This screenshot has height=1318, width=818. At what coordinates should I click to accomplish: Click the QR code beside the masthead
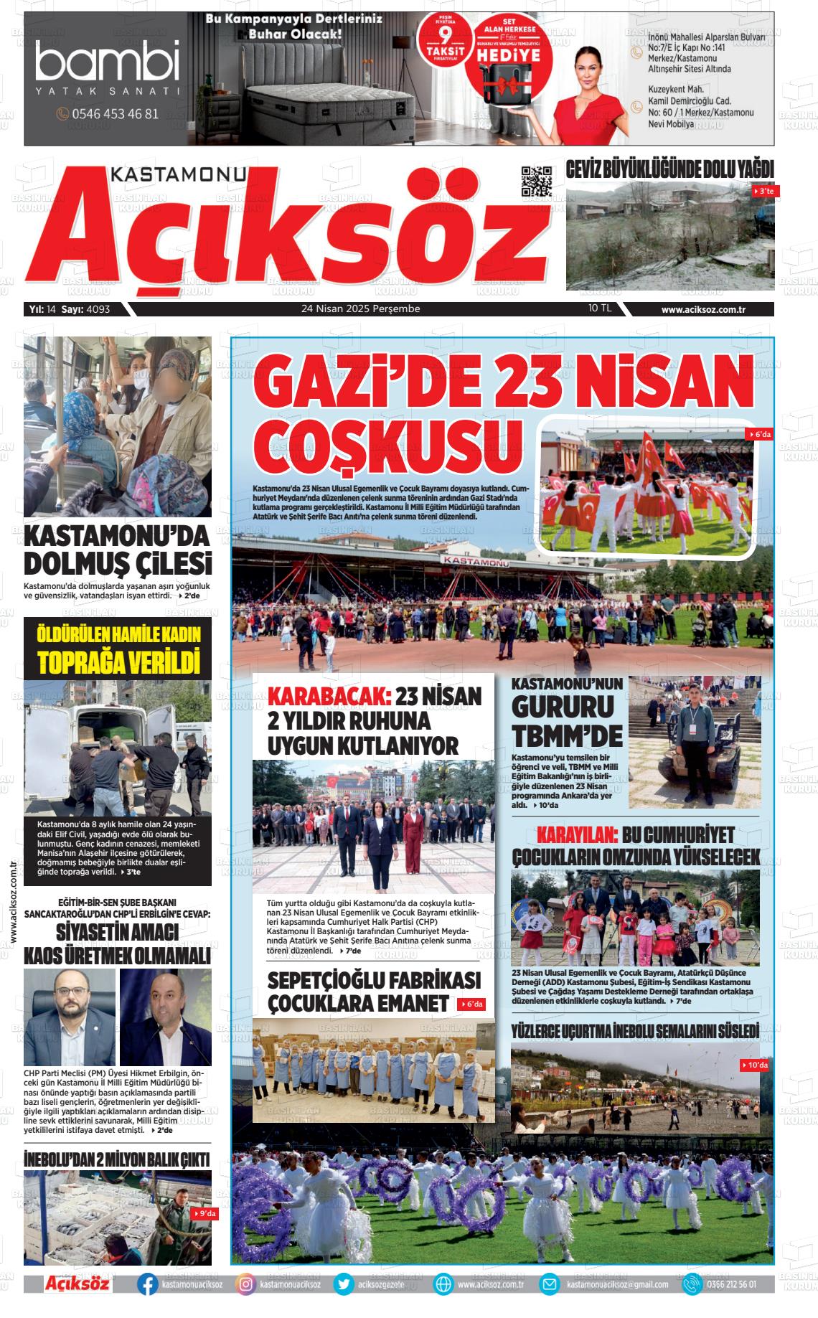(x=537, y=182)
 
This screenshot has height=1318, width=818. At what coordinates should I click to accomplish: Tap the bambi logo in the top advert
(x=108, y=61)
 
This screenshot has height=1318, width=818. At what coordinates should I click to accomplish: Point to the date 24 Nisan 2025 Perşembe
(x=360, y=309)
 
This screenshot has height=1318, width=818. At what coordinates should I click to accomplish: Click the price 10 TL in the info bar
(x=599, y=309)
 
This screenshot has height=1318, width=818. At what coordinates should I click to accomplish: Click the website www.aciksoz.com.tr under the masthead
(x=704, y=309)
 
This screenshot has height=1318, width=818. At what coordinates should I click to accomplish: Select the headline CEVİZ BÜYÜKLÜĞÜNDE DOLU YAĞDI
(x=669, y=169)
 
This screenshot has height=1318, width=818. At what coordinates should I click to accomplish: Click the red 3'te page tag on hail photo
(x=762, y=192)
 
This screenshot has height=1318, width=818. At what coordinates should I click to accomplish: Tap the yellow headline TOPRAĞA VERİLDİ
(x=118, y=662)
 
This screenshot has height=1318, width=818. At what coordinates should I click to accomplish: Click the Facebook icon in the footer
(x=148, y=1284)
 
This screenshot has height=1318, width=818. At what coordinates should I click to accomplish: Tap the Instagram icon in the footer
(x=245, y=1284)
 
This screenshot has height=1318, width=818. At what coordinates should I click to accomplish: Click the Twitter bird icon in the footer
(x=344, y=1284)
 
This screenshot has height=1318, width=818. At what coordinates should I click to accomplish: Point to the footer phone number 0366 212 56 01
(x=730, y=1284)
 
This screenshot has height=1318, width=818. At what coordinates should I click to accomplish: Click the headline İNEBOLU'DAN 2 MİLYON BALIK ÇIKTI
(x=117, y=1159)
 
